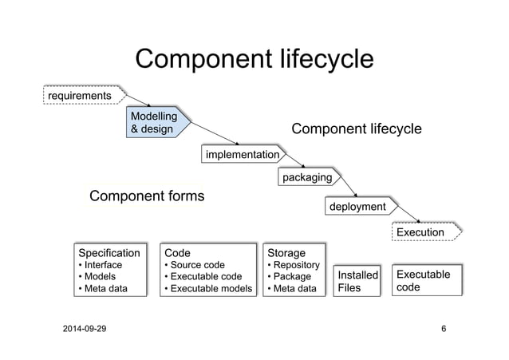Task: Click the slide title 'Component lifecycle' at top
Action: click(x=254, y=60)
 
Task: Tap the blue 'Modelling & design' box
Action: click(x=160, y=123)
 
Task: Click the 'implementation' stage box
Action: click(x=243, y=154)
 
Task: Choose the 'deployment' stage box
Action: click(x=357, y=207)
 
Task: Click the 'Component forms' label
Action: click(x=147, y=196)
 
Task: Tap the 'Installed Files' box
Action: click(x=357, y=281)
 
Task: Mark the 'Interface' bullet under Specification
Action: click(x=102, y=265)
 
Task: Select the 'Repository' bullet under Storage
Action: click(x=296, y=265)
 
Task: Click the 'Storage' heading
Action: click(x=286, y=252)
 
